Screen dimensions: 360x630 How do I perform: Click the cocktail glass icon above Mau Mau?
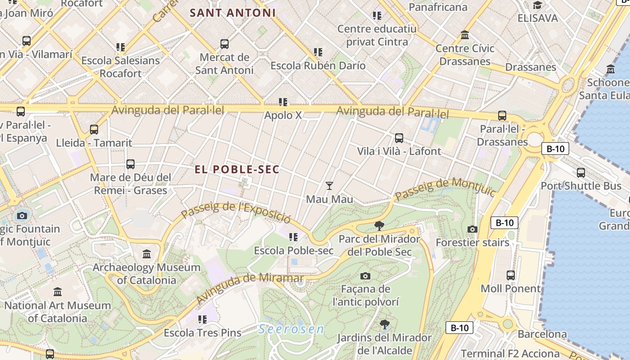click(x=329, y=185)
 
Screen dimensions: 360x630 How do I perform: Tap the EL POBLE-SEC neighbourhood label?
click(x=237, y=169)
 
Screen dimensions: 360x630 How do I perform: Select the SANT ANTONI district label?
click(x=232, y=13)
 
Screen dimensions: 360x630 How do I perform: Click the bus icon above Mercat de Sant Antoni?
click(x=225, y=44)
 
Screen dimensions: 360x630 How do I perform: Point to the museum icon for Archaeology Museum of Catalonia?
click(x=147, y=254)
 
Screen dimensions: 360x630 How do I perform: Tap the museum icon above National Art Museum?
click(x=58, y=292)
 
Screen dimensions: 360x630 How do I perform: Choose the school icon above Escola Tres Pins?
click(x=202, y=319)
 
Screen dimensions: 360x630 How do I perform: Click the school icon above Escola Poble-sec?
click(x=293, y=237)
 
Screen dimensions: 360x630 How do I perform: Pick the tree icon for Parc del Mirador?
click(x=379, y=225)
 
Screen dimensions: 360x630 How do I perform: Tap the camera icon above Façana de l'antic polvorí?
click(x=365, y=275)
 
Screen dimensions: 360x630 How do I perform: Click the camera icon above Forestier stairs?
click(x=472, y=229)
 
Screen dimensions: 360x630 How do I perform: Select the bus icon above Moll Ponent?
click(x=511, y=275)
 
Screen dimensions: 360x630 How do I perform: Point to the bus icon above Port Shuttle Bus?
click(x=581, y=172)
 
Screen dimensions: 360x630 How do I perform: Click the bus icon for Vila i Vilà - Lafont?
click(x=399, y=138)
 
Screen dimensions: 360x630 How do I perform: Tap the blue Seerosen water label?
click(x=291, y=329)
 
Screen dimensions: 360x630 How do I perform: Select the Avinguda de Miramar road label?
click(x=250, y=288)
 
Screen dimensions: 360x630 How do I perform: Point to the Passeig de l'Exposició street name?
click(x=236, y=212)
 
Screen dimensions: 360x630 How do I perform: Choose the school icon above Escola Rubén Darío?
click(x=318, y=52)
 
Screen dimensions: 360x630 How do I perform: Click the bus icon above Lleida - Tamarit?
click(x=94, y=130)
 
